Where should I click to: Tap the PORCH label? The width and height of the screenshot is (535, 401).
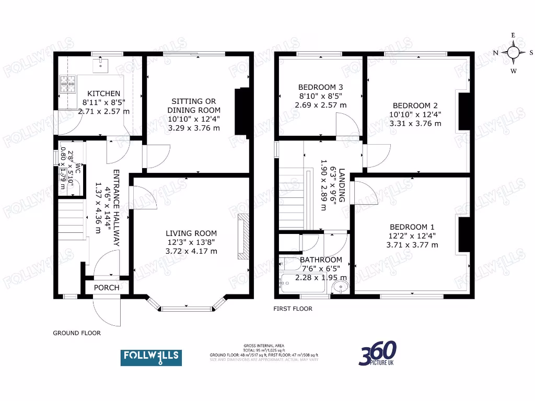point(107,288)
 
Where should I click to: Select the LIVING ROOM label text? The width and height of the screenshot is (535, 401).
point(191,233)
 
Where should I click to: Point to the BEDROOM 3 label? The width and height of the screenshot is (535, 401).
point(321,87)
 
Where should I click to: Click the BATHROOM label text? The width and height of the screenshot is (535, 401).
point(321,260)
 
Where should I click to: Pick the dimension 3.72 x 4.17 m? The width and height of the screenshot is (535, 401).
point(191,251)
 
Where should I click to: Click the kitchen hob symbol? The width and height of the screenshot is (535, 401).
point(66,84)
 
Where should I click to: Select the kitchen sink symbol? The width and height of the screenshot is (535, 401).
point(99,64)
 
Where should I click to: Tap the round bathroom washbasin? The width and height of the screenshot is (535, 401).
point(341,286)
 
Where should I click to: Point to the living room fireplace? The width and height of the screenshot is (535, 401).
point(243,237)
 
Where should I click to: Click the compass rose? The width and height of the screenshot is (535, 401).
point(513,52)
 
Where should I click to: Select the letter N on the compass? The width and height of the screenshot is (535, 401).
point(495,52)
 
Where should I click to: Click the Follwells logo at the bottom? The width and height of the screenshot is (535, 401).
point(151,357)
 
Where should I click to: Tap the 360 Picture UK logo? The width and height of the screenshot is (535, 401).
point(377,353)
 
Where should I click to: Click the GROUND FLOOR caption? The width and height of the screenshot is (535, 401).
point(77,333)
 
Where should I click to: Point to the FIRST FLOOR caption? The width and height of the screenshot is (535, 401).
point(293,309)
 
